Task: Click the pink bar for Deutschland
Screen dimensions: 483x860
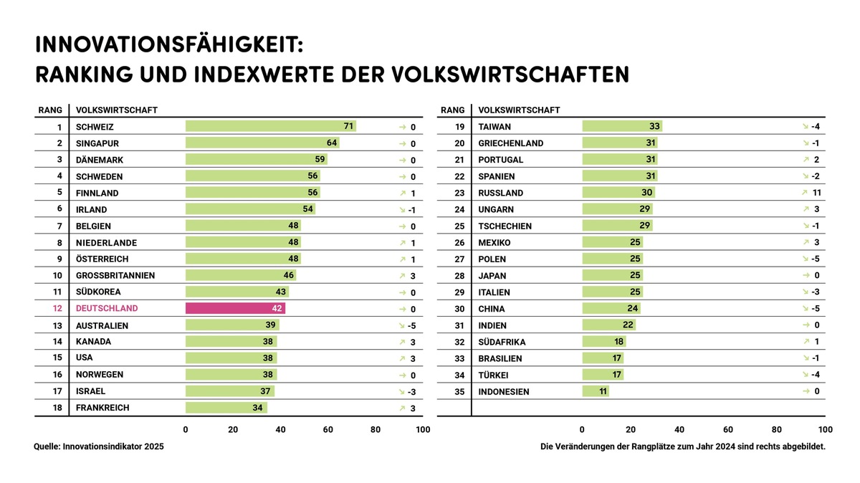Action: [235, 308]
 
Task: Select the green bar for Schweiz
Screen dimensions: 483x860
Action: [270, 126]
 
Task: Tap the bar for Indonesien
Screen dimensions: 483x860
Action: [596, 391]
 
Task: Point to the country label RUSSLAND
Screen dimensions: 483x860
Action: [501, 193]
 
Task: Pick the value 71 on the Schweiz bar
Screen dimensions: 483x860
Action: [349, 126]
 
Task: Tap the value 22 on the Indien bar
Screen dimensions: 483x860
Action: [629, 325]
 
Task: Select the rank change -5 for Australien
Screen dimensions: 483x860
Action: [412, 325]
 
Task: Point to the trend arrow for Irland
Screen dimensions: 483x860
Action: [403, 209]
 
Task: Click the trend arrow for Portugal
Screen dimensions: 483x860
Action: [806, 159]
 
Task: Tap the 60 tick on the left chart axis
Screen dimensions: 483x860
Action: [328, 430]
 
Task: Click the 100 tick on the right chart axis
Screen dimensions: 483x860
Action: [825, 430]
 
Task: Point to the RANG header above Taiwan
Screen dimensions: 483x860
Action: [453, 110]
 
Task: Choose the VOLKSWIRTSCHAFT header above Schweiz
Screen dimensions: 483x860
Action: [117, 110]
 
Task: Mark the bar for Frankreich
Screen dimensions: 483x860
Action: [226, 408]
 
